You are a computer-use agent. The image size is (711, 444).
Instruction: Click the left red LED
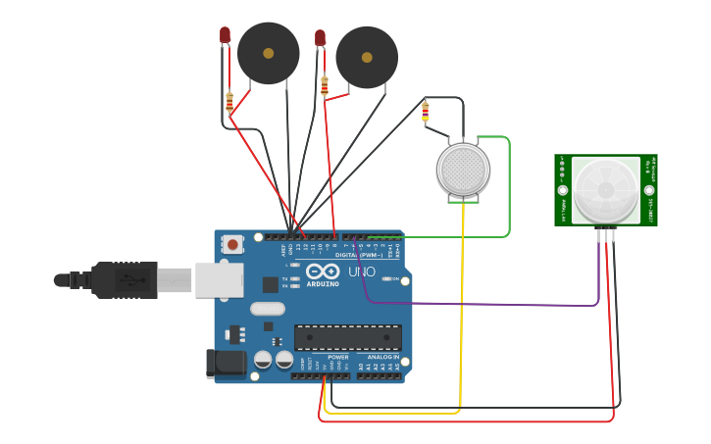point(225,35)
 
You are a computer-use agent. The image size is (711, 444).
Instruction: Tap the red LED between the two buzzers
point(320,38)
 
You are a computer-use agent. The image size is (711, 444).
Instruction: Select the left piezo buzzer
point(268,53)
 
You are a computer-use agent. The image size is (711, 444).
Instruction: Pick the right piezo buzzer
point(367,57)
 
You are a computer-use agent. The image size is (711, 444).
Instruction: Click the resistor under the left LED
point(229,101)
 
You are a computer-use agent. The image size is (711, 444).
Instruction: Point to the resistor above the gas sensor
point(425,112)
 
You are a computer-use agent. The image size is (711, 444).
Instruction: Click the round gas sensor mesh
point(463,171)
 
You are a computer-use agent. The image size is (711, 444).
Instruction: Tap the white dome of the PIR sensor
point(605,189)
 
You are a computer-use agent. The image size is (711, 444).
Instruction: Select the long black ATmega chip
point(347,337)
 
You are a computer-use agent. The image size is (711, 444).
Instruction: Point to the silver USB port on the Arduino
point(218,279)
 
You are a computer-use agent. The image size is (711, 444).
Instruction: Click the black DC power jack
point(226,363)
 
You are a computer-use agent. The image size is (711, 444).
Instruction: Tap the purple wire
point(490,304)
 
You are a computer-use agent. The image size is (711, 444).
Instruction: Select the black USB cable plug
point(123,279)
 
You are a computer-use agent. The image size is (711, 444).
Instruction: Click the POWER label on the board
point(338,357)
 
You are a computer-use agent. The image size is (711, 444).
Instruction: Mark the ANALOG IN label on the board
point(383,357)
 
